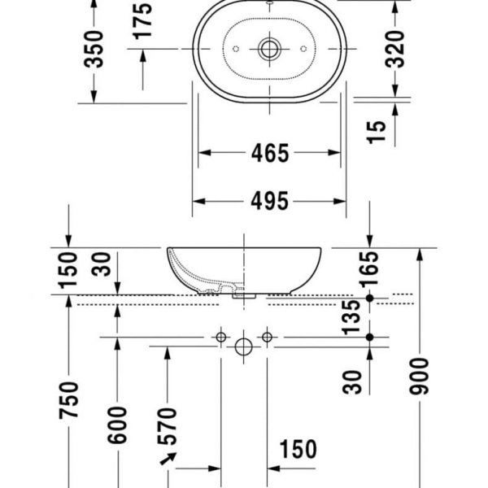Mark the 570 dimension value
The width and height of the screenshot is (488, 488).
(x=168, y=425)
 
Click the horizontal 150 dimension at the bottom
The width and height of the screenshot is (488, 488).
(x=298, y=448)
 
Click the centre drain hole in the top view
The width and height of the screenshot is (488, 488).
(x=269, y=49)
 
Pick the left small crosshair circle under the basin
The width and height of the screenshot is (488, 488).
(x=220, y=336)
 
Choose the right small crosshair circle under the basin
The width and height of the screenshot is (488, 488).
(x=266, y=336)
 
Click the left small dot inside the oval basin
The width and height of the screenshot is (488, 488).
(x=235, y=49)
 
